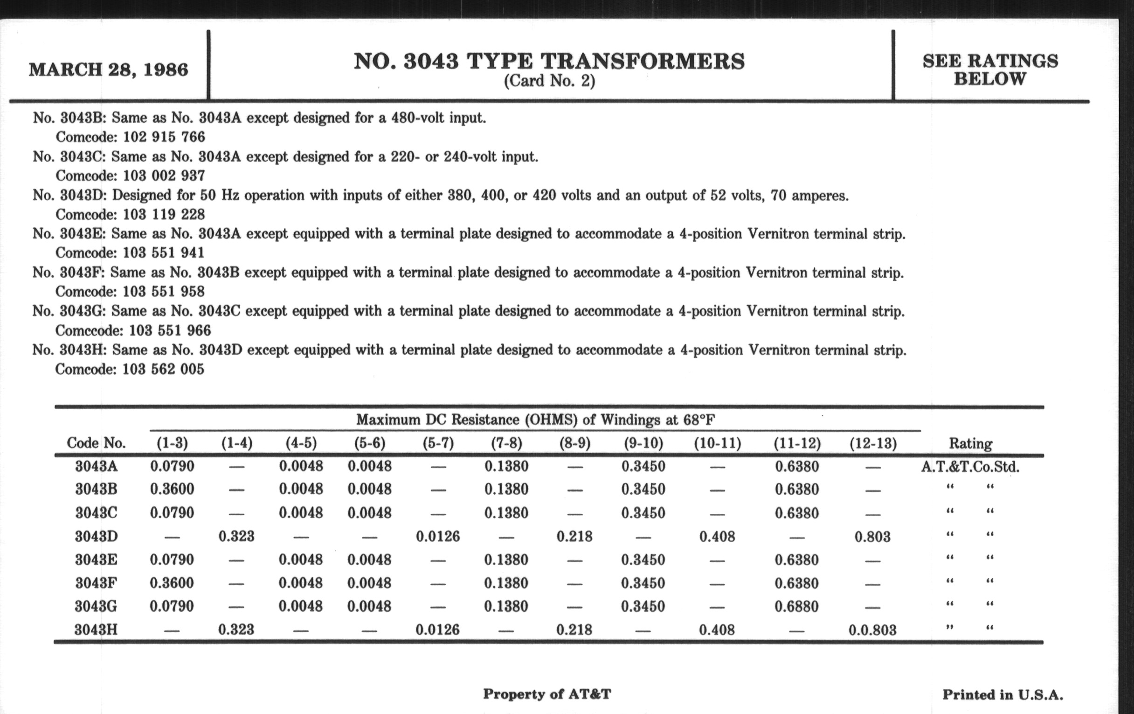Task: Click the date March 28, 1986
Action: coord(108,70)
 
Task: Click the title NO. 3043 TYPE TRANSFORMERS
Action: coord(549,61)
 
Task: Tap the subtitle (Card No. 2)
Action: coord(549,82)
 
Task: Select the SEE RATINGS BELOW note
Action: coord(990,70)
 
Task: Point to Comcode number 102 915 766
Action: coord(164,137)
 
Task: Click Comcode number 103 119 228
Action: coord(164,215)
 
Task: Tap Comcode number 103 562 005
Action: coord(163,369)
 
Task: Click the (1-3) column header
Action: coord(172,443)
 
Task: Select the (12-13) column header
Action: coord(872,443)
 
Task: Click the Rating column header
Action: coord(970,443)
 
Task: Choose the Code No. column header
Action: coord(96,443)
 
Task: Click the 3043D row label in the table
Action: coord(96,536)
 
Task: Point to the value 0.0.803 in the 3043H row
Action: coord(872,630)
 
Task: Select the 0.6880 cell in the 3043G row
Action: coord(797,606)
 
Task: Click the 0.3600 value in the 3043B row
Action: coord(172,489)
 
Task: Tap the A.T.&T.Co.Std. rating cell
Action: coord(970,467)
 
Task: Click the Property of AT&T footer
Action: coord(547,694)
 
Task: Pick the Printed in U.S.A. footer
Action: coord(1003,695)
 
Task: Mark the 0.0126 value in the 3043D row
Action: coord(437,536)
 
